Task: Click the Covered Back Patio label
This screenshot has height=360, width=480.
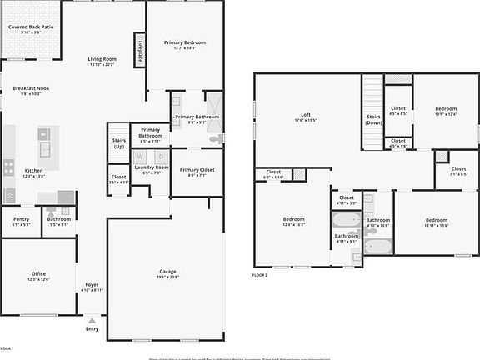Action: [30, 27]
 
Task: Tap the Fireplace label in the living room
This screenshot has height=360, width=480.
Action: [140, 50]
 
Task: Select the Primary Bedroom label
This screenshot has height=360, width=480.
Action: [184, 42]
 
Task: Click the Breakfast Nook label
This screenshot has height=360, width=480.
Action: [31, 88]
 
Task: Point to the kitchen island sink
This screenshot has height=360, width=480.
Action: [48, 150]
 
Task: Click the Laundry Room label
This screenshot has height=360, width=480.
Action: [152, 168]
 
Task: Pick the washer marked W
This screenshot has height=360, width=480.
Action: [140, 156]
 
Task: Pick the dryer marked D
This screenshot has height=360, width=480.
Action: [162, 156]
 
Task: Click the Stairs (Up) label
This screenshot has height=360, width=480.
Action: [119, 142]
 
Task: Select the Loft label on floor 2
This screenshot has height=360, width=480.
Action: [305, 115]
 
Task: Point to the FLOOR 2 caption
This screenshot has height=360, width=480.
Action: [260, 275]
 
